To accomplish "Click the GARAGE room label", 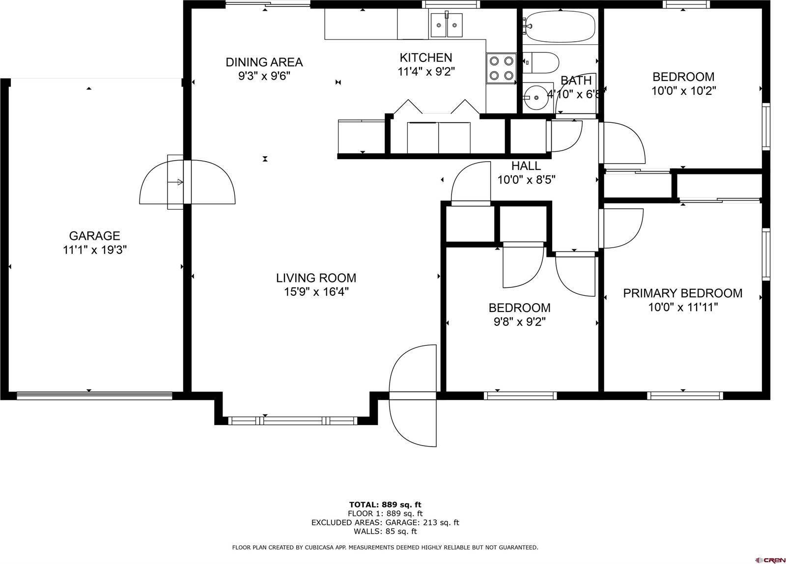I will tap(94, 236).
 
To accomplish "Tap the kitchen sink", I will tap(447, 25).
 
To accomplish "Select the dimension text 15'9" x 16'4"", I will tap(316, 292).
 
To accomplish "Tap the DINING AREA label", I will tap(264, 62).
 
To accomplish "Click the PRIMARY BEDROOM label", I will tap(682, 293).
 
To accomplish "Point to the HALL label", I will tap(526, 166).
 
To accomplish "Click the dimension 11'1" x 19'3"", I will tap(95, 250).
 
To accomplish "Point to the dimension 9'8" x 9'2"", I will tap(519, 322).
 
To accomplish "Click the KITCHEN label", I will tap(425, 57).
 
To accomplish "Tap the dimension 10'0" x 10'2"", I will tap(683, 91).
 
